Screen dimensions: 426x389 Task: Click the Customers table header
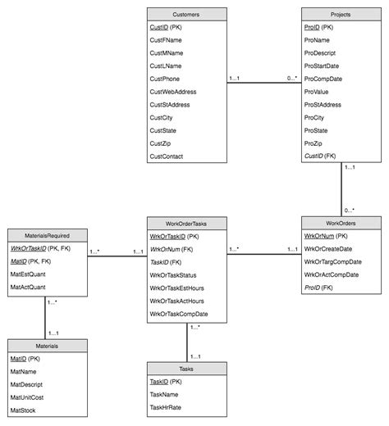pos(186,14)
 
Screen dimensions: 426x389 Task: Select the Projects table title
pos(340,14)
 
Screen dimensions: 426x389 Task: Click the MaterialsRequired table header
pos(46,211)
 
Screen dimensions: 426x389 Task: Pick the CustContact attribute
pos(167,156)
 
